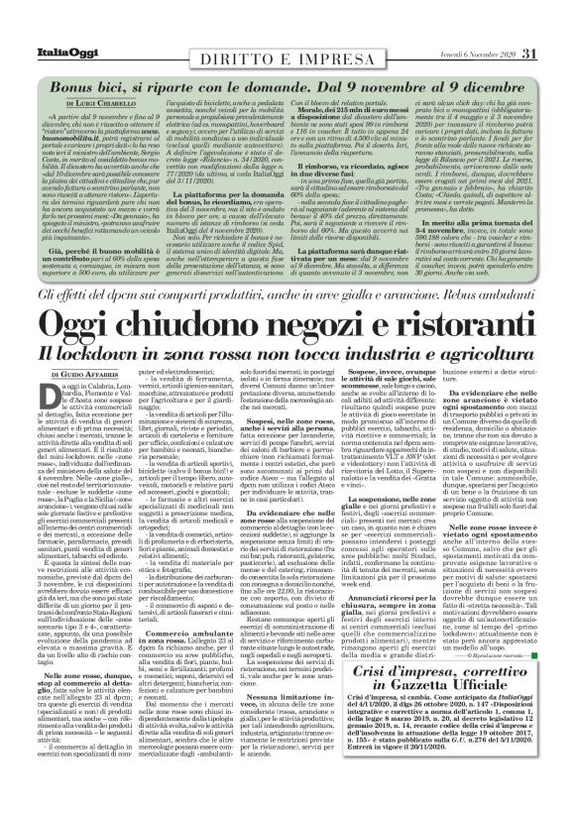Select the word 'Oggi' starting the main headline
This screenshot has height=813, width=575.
click(80, 296)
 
